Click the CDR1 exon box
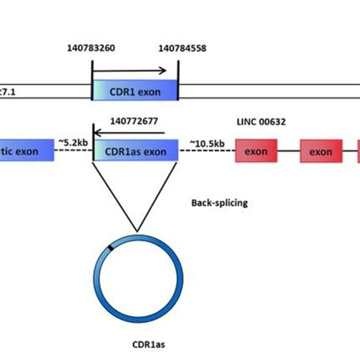(x=134, y=90)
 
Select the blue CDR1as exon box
(x=135, y=151)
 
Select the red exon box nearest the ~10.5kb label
(x=258, y=151)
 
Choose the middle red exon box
(x=321, y=151)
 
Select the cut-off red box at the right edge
(x=357, y=151)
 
